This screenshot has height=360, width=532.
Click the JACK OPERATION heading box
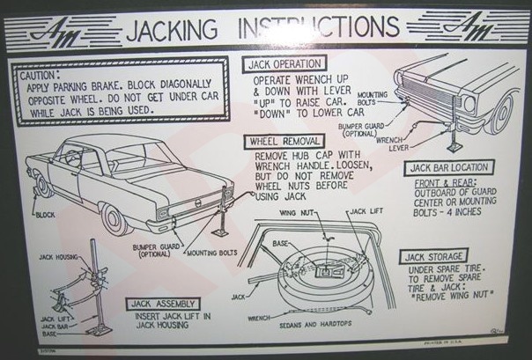point(284,63)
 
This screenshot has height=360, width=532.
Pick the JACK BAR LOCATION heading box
point(447,167)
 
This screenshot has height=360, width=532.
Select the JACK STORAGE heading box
point(440,256)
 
